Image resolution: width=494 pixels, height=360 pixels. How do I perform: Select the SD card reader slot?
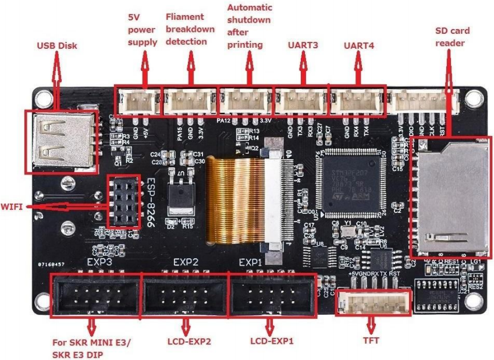coord(449,198)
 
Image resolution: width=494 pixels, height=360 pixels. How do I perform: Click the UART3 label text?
coord(303,44)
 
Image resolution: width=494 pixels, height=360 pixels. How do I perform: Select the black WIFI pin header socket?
coord(123,201)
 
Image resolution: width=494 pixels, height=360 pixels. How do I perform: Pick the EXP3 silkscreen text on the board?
coord(99,263)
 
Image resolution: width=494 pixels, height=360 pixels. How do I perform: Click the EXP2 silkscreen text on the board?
coord(186,263)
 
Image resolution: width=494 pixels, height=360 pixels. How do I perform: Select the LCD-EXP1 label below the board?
coord(272,341)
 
